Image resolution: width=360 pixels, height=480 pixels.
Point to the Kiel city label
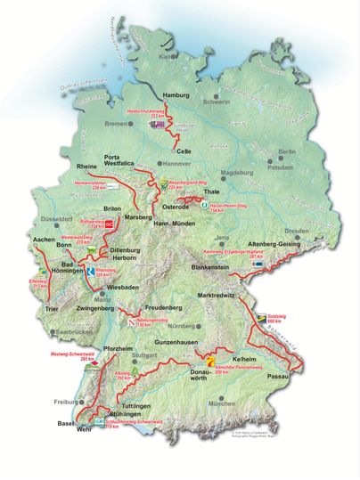click(x=166, y=56)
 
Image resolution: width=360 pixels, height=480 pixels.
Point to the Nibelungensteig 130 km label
click(x=151, y=322)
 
